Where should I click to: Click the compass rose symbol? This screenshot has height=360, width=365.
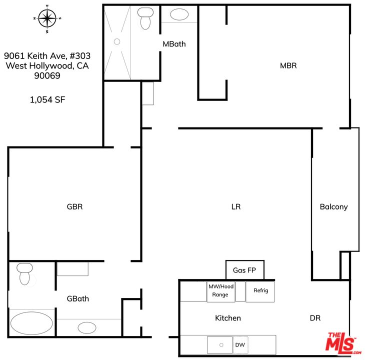click(x=47, y=18)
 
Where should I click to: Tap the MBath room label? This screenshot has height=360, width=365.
click(x=174, y=44)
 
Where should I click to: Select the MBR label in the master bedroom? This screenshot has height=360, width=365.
click(x=288, y=65)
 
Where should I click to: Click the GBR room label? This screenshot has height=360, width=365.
click(x=74, y=206)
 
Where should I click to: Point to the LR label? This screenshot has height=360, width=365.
click(x=236, y=206)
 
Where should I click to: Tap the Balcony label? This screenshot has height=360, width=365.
click(x=333, y=207)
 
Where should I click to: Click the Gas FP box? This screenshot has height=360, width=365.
click(x=245, y=270)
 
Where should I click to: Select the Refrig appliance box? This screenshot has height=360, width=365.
click(x=260, y=292)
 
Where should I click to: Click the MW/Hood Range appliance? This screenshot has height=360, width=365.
click(x=221, y=292)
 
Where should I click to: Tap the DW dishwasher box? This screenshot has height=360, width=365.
click(x=240, y=344)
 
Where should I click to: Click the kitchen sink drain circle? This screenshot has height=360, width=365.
click(x=221, y=345)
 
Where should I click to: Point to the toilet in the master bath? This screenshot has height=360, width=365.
click(x=145, y=18)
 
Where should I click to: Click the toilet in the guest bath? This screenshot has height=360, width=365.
click(x=24, y=274)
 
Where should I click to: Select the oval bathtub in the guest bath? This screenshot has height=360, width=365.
click(x=31, y=323)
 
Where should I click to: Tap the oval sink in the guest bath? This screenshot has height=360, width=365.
click(x=87, y=327)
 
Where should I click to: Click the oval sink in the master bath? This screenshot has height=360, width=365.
click(x=179, y=14)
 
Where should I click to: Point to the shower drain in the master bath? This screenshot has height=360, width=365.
click(x=117, y=41)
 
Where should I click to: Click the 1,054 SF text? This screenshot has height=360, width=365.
click(x=47, y=100)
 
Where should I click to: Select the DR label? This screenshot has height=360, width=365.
click(x=315, y=318)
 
